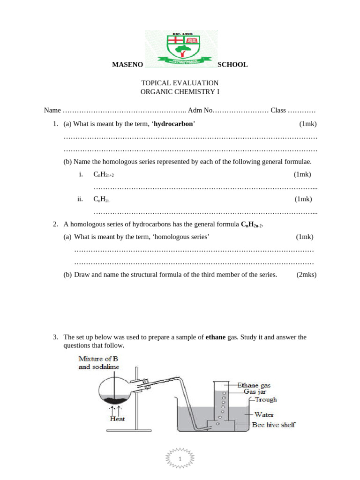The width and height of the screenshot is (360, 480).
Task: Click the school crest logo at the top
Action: pyautogui.click(x=180, y=48)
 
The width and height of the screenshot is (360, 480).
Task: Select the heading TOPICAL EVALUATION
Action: pyautogui.click(x=180, y=83)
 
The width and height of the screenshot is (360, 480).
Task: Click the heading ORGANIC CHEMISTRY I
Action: pyautogui.click(x=180, y=92)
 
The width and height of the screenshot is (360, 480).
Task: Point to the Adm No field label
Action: pyautogui.click(x=200, y=111)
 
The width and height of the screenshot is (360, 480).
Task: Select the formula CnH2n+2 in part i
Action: pyautogui.click(x=104, y=175)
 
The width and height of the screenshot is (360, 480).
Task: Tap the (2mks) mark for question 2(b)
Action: pyautogui.click(x=306, y=275)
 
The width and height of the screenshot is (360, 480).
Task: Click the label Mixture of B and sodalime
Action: pyautogui.click(x=98, y=363)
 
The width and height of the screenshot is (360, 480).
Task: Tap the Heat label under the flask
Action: pyautogui.click(x=117, y=419)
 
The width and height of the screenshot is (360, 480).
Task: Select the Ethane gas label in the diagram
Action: pyautogui.click(x=254, y=385)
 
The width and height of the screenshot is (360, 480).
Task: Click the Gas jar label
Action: pyautogui.click(x=257, y=391)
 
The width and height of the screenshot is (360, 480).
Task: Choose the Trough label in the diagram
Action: pyautogui.click(x=266, y=400)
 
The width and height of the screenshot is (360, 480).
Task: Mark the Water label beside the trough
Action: pyautogui.click(x=264, y=414)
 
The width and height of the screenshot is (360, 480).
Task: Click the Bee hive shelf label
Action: pyautogui.click(x=274, y=425)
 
